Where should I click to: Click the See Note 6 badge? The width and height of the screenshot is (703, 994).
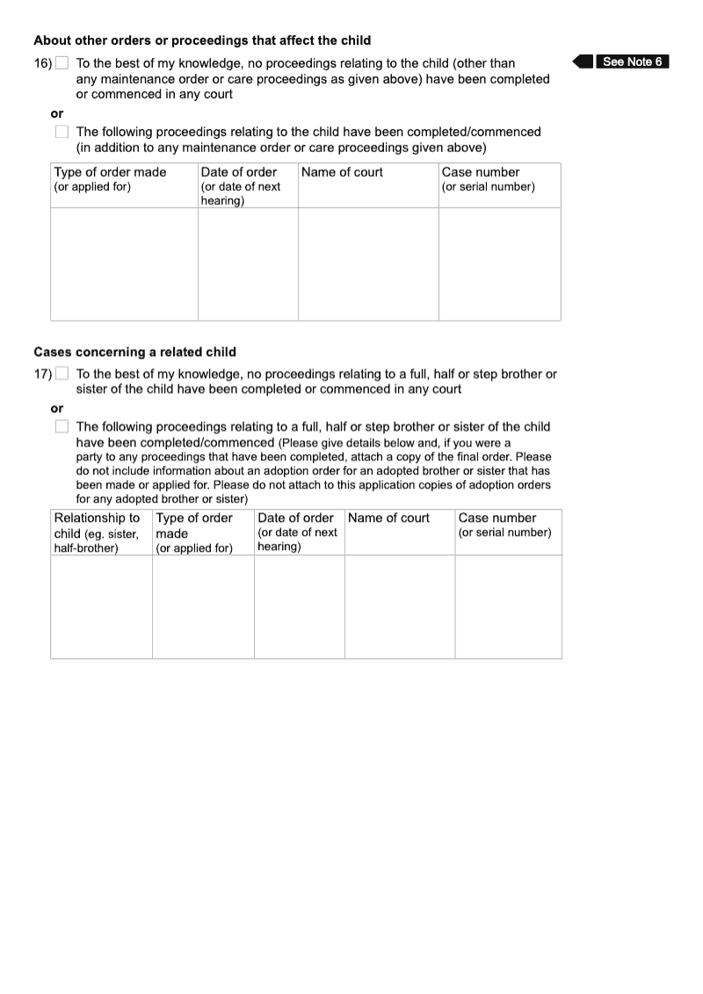point(632,62)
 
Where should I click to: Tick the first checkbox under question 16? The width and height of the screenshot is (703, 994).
point(62,63)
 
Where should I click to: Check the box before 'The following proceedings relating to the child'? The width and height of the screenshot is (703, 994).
point(62,132)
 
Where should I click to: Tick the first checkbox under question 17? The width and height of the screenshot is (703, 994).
point(62,374)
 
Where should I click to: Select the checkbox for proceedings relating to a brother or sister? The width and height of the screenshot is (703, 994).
point(62,426)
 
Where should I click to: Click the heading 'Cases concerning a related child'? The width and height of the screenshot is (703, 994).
point(134,352)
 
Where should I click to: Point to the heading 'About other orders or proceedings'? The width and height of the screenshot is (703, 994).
point(202,40)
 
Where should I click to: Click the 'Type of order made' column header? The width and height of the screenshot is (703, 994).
point(110,172)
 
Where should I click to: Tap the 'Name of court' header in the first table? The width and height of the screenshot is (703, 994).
point(342,172)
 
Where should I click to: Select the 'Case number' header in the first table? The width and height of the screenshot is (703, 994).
point(481,172)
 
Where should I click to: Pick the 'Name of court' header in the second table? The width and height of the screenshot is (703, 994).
point(388,518)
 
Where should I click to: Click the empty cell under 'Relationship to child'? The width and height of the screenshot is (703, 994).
point(101,606)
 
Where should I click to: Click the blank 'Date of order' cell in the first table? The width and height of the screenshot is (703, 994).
point(248,264)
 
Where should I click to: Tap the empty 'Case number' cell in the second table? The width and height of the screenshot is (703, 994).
point(508,606)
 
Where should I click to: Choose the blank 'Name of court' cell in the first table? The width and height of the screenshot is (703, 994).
point(368,264)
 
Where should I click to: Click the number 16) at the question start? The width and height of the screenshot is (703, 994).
point(43,63)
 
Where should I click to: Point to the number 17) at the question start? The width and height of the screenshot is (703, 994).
point(43,374)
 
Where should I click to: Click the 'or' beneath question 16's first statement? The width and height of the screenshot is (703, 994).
point(57,113)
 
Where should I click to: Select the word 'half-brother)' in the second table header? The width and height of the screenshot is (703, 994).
point(86,548)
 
